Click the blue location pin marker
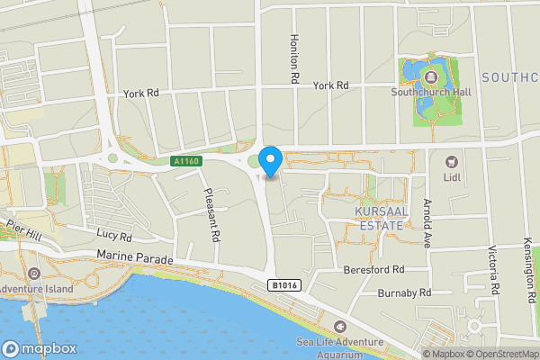tap(271, 161)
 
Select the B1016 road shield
tap(283, 285)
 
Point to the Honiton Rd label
tap(293, 60)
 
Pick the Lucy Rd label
tap(113, 237)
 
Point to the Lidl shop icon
tap(452, 161)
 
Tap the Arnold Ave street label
tap(426, 222)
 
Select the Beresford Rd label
tap(375, 269)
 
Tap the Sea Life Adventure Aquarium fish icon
tap(339, 326)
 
